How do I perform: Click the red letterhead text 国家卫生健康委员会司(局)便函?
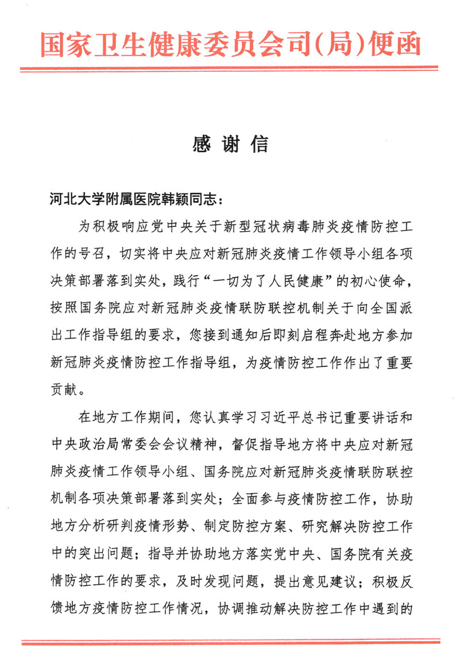coord(230,43)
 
